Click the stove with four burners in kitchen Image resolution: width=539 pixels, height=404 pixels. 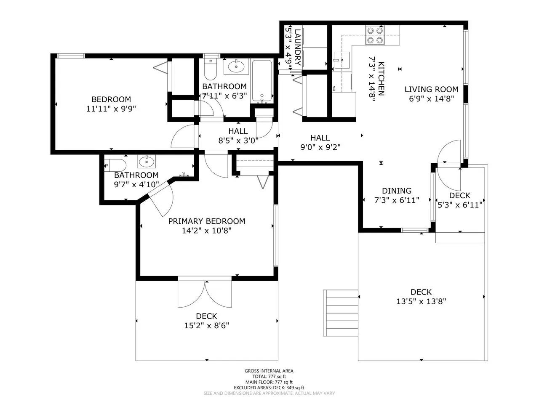pos(375,35)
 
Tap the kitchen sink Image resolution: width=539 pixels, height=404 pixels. pos(342,60)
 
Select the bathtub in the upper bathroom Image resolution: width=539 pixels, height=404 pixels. pos(262,81)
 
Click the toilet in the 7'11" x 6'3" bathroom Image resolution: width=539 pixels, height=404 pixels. pos(211,69)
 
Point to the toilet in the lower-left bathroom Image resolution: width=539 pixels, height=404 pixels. pos(115,165)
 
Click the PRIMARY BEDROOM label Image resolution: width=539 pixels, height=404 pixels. pos(206,221)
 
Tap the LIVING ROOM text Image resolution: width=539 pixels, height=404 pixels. pos(432,89)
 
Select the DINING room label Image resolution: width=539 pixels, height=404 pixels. pos(397,191)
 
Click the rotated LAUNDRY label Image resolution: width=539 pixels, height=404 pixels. pos(297,47)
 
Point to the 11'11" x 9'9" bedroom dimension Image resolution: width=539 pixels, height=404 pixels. pos(111,109)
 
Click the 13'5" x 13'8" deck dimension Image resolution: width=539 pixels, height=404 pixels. pos(421,301)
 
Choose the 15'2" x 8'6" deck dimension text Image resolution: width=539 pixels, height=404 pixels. pos(206,325)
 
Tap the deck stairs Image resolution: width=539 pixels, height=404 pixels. pos(341,313)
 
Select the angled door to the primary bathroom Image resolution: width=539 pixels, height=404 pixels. pos(161,199)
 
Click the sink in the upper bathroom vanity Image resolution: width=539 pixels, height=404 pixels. pos(236,66)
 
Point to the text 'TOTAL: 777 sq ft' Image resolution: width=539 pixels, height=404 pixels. pos(269,376)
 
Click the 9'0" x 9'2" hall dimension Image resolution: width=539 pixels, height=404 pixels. pos(320,147)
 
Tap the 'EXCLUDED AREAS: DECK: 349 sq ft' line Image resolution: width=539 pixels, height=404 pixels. pos(269,388)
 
